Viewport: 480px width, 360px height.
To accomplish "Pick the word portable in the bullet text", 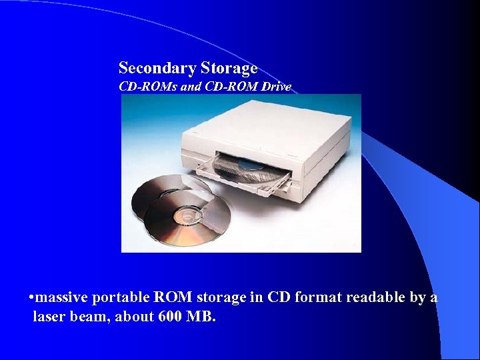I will click(x=121, y=297).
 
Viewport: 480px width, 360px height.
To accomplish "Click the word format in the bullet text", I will click(x=322, y=297).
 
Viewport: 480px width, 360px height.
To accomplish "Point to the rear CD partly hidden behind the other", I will click(x=157, y=190).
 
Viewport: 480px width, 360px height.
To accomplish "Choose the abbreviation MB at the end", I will click(x=203, y=316).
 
